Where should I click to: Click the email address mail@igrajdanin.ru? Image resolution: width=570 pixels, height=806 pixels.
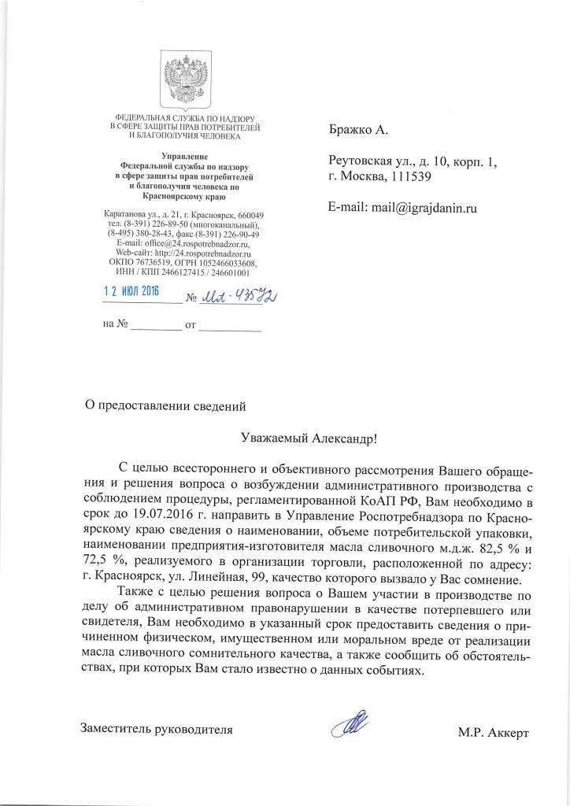tap(426, 209)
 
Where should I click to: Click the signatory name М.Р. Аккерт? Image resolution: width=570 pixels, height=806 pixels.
tap(494, 734)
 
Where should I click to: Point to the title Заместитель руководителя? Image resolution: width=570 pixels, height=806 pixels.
tap(157, 729)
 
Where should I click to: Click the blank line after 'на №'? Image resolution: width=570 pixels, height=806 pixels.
tap(156, 325)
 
